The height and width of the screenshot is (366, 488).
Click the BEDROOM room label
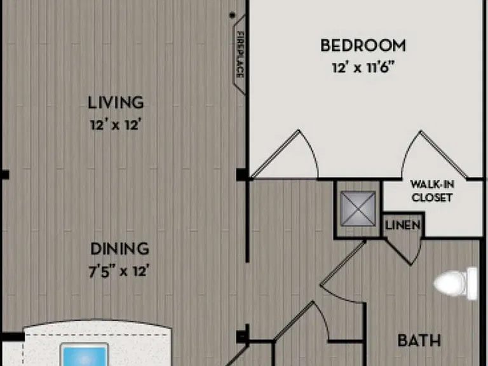coord(363,46)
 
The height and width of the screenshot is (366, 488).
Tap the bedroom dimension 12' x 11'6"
coord(363,67)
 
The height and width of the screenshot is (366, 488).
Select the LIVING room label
coord(116,103)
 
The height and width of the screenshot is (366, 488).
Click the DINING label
coord(120,248)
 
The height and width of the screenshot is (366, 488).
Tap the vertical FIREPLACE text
coord(240,55)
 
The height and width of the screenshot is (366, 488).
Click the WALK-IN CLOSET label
coord(432,191)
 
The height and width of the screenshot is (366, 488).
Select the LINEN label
coord(403,225)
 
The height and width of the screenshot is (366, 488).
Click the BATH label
coord(419,341)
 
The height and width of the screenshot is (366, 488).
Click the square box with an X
coord(358,208)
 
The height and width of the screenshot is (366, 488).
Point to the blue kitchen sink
coord(85,355)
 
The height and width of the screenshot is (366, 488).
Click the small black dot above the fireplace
coord(232,15)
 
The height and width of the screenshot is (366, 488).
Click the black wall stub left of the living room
coord(4,175)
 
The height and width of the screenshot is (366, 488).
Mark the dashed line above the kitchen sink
coord(97,335)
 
